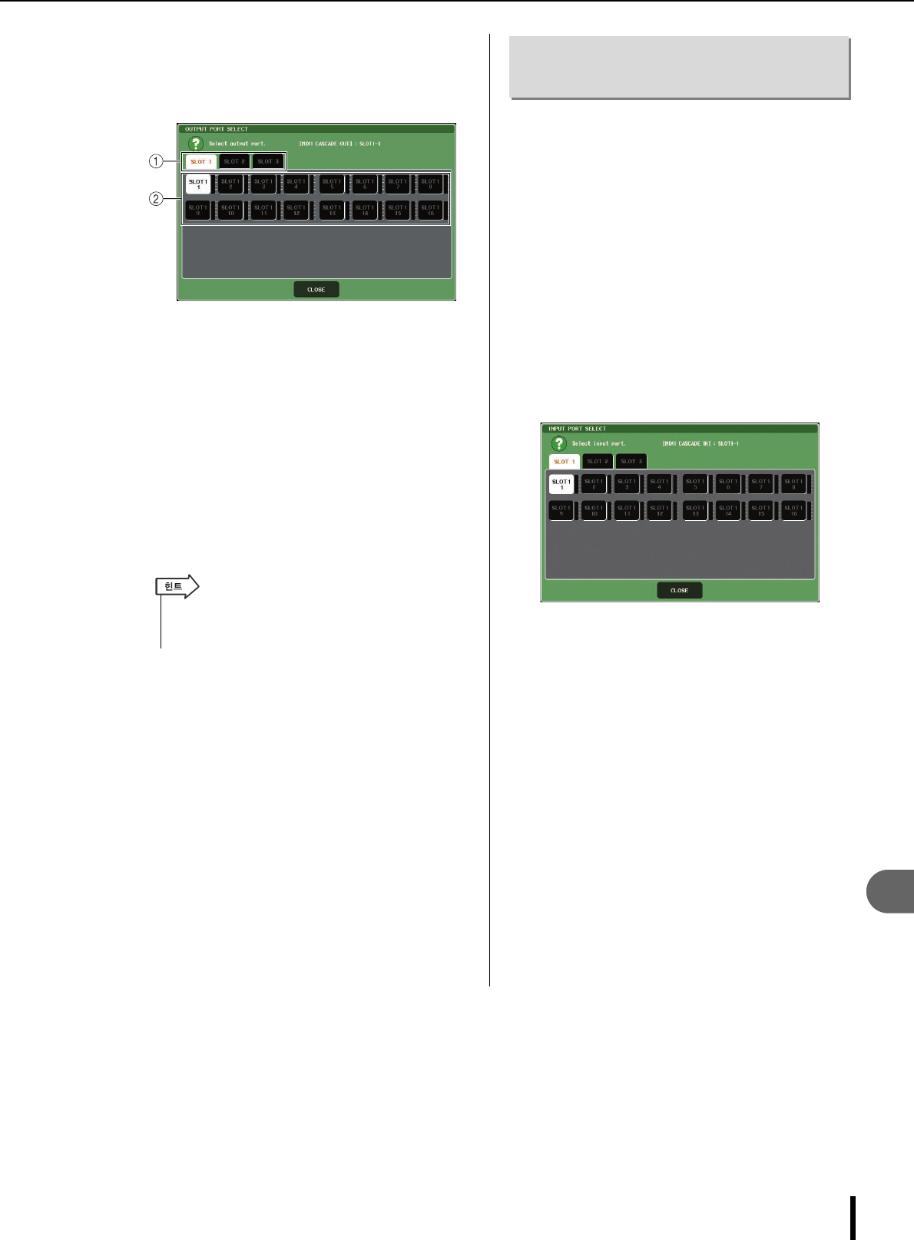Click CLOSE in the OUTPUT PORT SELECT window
click(x=316, y=290)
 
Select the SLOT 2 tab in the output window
click(x=234, y=161)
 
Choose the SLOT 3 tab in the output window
click(x=268, y=161)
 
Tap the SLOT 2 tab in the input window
click(x=598, y=462)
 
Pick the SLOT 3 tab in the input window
click(x=631, y=462)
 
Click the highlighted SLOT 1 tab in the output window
click(x=200, y=161)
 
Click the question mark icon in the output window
click(x=196, y=144)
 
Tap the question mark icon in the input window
click(x=559, y=443)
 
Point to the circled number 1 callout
click(x=156, y=161)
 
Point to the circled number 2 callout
click(x=156, y=199)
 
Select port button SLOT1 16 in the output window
click(x=430, y=210)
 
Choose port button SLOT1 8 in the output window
click(x=430, y=184)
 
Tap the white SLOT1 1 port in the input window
click(x=561, y=484)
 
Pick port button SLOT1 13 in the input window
click(x=695, y=510)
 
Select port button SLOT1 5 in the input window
click(x=695, y=484)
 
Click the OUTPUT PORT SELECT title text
click(x=217, y=129)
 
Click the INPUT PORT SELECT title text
click(x=578, y=429)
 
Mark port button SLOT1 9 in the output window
click(x=198, y=210)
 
